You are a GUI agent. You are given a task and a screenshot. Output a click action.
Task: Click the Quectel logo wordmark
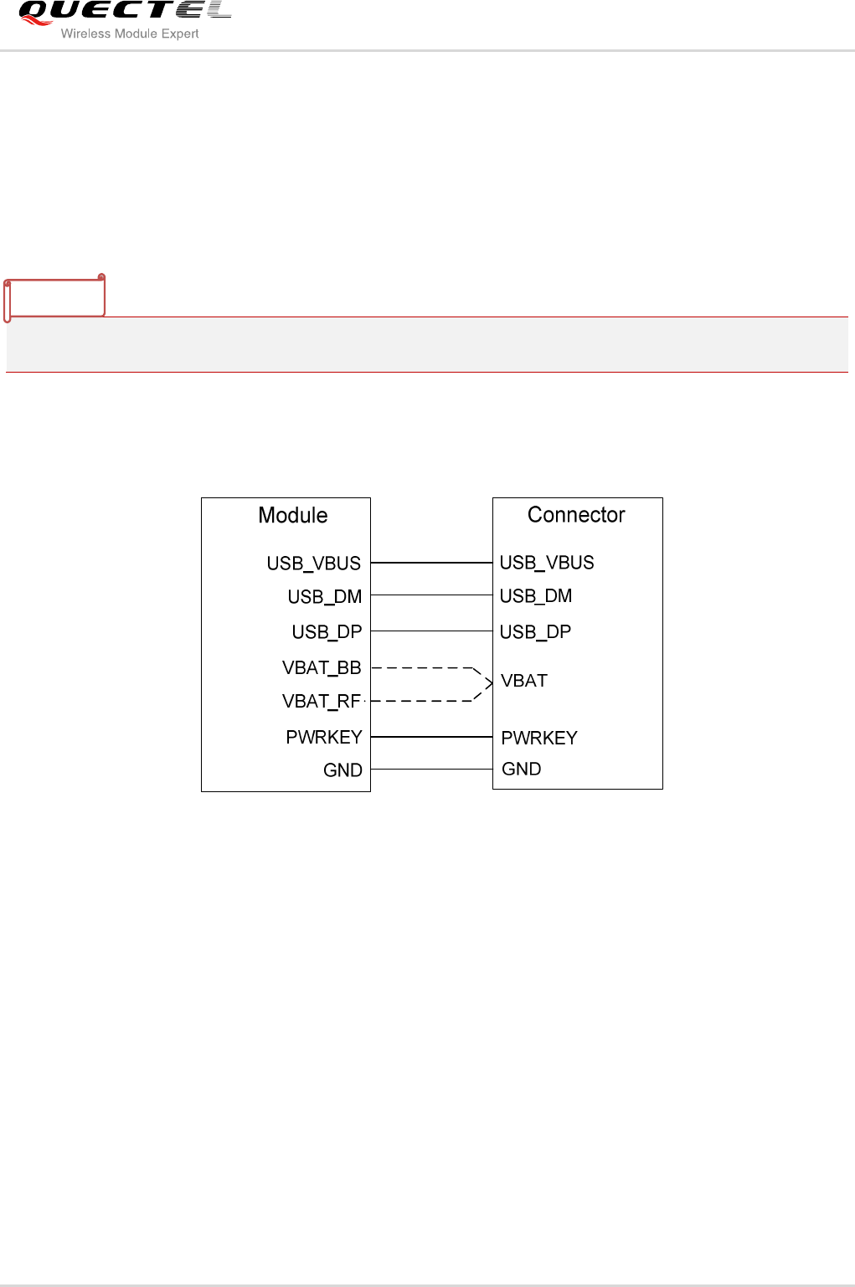tap(124, 12)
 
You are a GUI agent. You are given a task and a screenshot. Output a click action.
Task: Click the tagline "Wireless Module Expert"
tap(130, 33)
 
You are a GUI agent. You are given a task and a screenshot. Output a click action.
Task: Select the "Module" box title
tap(292, 515)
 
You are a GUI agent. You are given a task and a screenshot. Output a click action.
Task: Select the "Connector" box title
tap(576, 515)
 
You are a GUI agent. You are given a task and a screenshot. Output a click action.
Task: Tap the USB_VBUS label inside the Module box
tap(313, 564)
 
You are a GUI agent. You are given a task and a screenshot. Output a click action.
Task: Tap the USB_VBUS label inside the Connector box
tap(547, 563)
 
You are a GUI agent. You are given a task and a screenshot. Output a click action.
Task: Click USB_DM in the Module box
tap(324, 597)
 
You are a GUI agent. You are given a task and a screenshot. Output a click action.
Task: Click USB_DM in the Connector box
tap(536, 596)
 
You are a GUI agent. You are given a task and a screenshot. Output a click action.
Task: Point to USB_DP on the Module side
tap(327, 632)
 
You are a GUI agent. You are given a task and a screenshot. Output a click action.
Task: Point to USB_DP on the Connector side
tap(535, 632)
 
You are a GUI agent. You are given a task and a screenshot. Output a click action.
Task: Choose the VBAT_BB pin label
tap(322, 668)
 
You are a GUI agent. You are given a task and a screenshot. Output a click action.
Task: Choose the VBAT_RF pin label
tap(322, 702)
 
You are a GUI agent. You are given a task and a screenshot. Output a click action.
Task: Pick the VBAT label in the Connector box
tap(524, 681)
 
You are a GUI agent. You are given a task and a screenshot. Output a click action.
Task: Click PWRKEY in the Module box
tap(324, 738)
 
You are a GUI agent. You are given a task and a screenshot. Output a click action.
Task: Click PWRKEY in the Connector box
tap(539, 739)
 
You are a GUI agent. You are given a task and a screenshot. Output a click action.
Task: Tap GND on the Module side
tap(343, 770)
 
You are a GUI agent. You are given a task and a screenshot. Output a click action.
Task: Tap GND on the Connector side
tap(521, 769)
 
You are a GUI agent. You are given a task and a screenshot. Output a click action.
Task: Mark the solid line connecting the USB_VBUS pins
tap(431, 563)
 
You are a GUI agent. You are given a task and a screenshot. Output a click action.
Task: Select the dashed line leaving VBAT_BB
tap(422, 668)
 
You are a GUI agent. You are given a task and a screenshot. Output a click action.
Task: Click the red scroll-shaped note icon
tap(54, 297)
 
